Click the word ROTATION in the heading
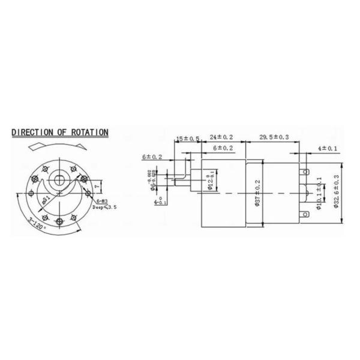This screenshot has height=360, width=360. tap(89, 132)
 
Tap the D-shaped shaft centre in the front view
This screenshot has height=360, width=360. tap(59, 179)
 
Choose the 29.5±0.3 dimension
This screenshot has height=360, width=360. tap(274, 137)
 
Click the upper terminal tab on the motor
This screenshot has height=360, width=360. tap(307, 172)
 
